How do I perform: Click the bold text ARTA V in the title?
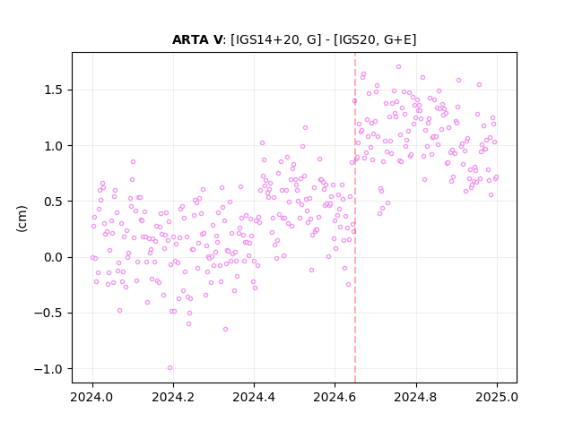point(197,39)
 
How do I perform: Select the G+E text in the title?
point(397,39)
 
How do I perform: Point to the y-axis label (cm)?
point(22,219)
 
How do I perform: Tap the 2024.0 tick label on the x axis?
point(92,397)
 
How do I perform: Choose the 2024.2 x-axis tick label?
point(173,397)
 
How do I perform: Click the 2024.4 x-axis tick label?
point(254,397)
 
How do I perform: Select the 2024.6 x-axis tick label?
point(335,397)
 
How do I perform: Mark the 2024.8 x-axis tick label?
point(416,397)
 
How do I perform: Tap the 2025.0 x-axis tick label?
point(497,397)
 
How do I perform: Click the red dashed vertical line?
point(355,218)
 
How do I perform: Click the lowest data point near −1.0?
point(170,368)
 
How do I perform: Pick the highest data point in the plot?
point(398,67)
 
